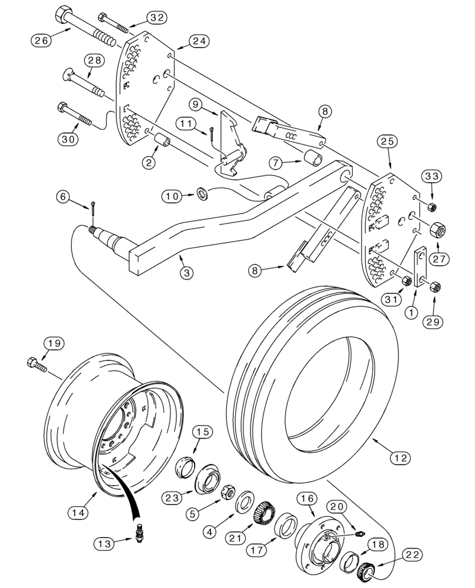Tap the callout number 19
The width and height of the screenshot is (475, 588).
(55, 343)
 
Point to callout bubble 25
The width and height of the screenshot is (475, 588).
(389, 141)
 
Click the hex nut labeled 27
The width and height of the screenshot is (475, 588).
(439, 230)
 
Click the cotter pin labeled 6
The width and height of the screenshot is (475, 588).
(95, 209)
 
